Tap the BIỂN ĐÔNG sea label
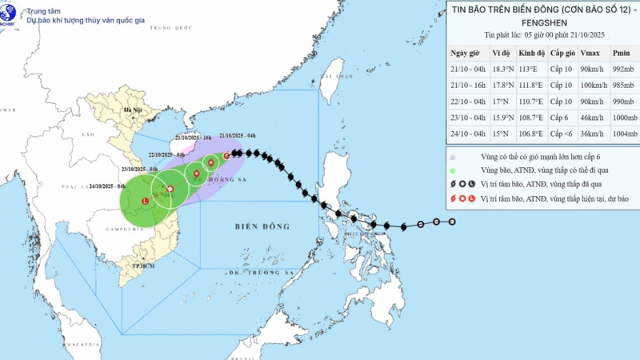point(262,226)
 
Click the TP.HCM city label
point(142,264)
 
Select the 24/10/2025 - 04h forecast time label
point(107,186)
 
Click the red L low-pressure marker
point(145,201)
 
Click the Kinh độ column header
point(531,53)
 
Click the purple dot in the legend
point(454,158)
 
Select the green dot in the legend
point(454,170)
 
